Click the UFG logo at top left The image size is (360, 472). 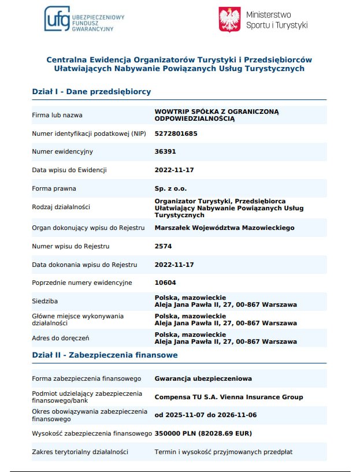point(84,18)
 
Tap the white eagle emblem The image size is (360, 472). point(229,20)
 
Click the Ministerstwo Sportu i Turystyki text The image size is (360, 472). point(276,20)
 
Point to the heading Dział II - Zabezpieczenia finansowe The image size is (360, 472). point(105,355)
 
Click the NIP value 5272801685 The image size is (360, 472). point(176,133)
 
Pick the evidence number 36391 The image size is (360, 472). point(165,151)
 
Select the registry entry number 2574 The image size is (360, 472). point(164,246)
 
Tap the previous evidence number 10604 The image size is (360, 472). point(165,283)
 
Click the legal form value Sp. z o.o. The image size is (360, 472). point(170,188)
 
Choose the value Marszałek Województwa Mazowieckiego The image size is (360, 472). point(224,228)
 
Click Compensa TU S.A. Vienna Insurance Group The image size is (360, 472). point(228,397)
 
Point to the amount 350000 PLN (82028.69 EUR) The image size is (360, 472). point(203,433)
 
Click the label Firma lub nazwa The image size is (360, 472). point(57,115)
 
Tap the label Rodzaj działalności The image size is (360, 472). point(61,207)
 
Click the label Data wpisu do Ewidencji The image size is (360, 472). point(69,170)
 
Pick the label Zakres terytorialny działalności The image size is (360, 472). point(80,451)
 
